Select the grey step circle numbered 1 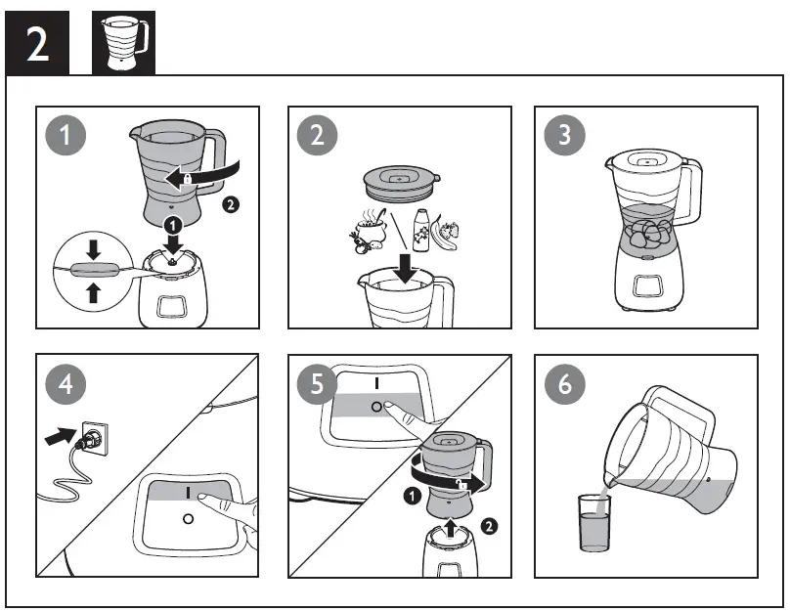pos(66,135)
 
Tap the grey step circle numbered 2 pos(316,135)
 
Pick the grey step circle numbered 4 pos(66,384)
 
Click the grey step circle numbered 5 pos(316,384)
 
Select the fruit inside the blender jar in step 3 pos(647,231)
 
